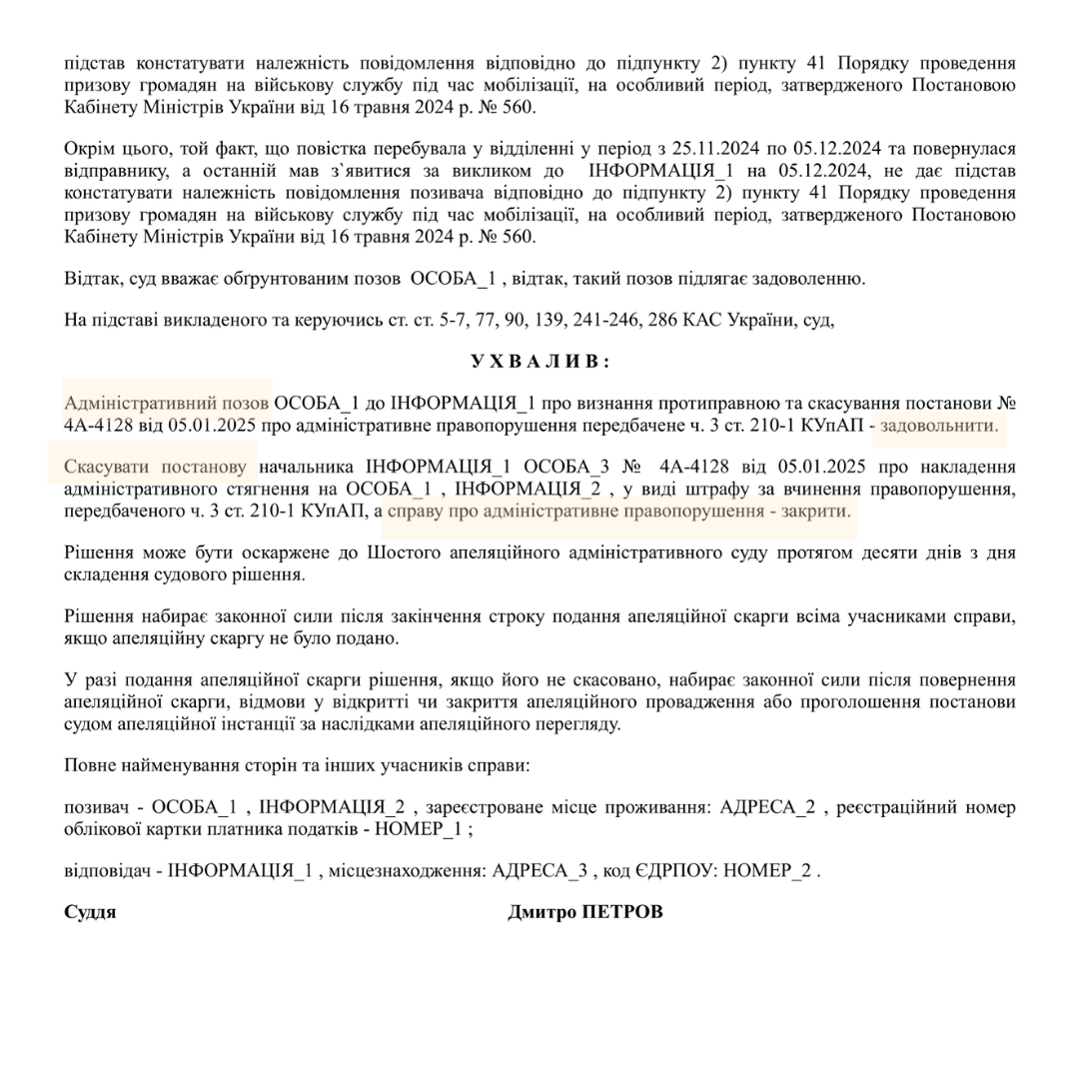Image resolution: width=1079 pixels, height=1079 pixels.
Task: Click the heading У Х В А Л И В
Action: click(x=539, y=361)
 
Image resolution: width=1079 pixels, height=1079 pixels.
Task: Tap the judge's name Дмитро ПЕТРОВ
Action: click(x=584, y=912)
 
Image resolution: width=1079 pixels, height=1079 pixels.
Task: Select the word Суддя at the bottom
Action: click(x=90, y=912)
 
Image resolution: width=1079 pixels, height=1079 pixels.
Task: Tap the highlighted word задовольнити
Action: click(x=939, y=425)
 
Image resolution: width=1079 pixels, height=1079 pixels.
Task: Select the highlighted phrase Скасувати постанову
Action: click(x=155, y=467)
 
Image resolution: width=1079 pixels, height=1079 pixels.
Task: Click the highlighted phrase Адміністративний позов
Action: click(x=166, y=404)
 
